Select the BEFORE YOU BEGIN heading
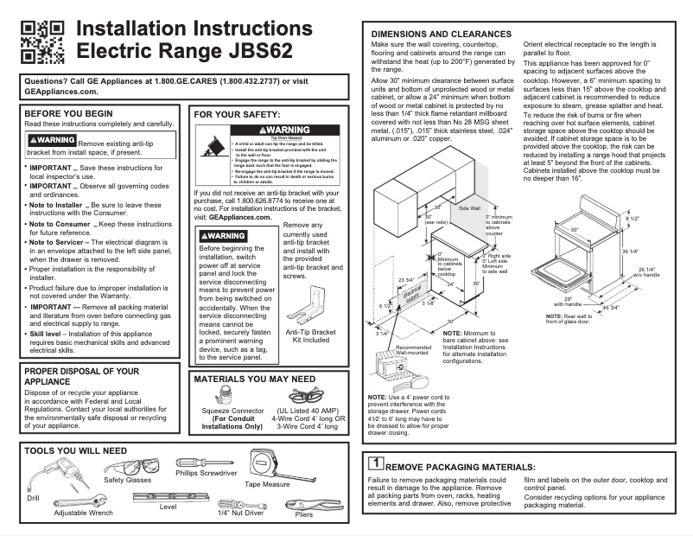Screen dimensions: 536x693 68,113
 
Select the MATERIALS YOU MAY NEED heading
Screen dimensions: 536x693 254,379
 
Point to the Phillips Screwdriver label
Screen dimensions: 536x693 206,474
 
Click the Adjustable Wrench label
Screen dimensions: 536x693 84,513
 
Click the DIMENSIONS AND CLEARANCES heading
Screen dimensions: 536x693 442,33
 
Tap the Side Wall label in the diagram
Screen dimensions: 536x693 469,209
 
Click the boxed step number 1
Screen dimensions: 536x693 376,463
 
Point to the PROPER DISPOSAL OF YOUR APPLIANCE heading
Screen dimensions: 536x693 81,374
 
